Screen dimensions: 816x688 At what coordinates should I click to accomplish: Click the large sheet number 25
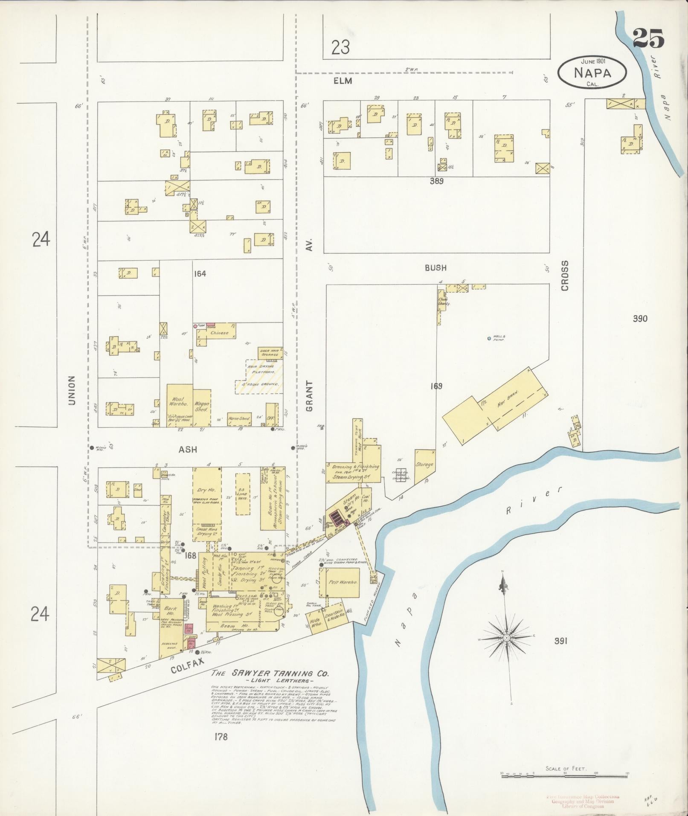click(x=648, y=38)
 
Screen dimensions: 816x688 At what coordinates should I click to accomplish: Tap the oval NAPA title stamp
click(x=592, y=73)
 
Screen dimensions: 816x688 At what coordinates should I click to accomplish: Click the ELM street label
click(x=343, y=81)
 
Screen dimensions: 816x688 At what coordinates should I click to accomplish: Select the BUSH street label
click(x=435, y=268)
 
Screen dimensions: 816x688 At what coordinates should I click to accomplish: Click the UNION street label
click(x=71, y=390)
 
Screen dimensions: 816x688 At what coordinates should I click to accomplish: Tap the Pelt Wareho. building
click(x=342, y=582)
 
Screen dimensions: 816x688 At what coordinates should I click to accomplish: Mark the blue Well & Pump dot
click(x=489, y=339)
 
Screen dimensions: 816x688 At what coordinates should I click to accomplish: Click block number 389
click(x=436, y=181)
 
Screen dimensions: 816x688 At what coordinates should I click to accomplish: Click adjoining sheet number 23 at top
click(x=341, y=47)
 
